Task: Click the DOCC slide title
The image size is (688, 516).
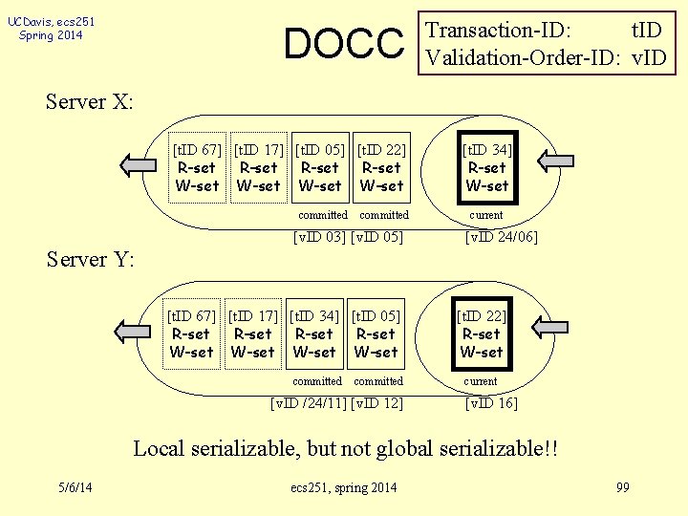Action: point(344,43)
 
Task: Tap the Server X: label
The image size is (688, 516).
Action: point(90,102)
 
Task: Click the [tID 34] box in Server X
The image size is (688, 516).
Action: point(486,167)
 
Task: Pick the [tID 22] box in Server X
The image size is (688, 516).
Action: point(381,167)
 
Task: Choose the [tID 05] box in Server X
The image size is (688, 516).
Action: point(320,167)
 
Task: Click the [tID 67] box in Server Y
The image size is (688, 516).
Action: point(191,333)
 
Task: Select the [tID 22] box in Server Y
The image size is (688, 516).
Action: point(481,333)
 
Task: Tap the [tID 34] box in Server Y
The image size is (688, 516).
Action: point(314,333)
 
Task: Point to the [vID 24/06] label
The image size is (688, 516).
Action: point(501,237)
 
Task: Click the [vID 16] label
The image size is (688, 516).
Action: point(491,403)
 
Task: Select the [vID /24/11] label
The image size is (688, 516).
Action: point(309,403)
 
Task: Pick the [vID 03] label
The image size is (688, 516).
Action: point(318,237)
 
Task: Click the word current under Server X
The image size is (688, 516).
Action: point(486,216)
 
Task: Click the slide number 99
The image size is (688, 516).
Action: point(623,488)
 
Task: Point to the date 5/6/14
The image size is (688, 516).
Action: point(75,488)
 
